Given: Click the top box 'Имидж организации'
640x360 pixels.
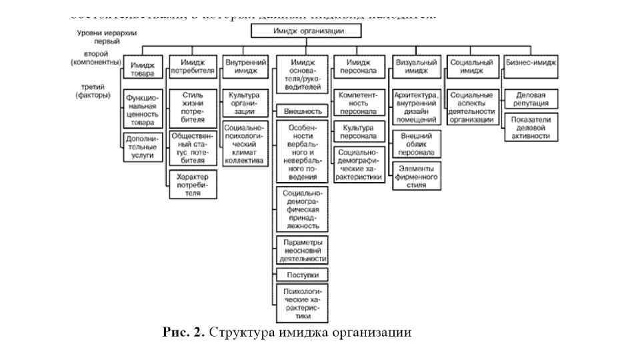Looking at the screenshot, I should click(307, 31).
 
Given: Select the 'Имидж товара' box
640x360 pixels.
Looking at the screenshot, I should click(142, 69).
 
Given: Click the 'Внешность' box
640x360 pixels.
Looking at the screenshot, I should click(302, 111).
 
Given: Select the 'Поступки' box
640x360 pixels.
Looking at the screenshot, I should click(302, 274).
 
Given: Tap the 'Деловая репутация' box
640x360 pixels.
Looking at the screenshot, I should click(531, 99).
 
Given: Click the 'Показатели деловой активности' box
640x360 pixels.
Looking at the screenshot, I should click(531, 126).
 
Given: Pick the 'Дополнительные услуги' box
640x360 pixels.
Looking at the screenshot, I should click(142, 146).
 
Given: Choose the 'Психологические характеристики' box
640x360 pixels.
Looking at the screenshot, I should click(302, 303).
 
